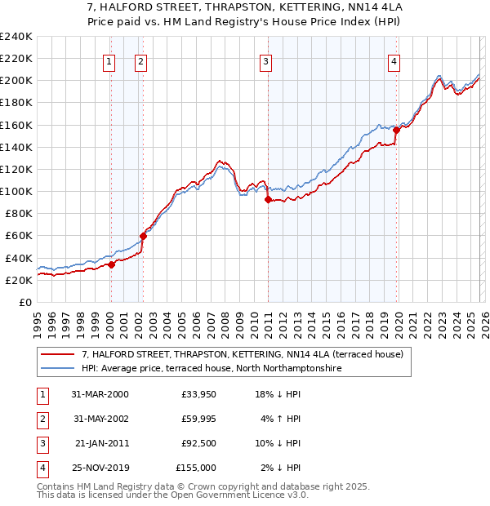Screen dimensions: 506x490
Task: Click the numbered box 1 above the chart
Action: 109,60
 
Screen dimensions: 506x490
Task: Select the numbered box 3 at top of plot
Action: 266,60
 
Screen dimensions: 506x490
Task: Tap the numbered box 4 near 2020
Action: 394,60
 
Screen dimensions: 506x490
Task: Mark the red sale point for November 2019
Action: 396,130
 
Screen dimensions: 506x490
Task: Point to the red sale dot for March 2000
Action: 111,264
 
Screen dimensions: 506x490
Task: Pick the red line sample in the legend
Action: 58,355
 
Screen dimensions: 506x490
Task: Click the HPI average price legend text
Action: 210,369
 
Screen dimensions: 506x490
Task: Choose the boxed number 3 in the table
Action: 40,444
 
